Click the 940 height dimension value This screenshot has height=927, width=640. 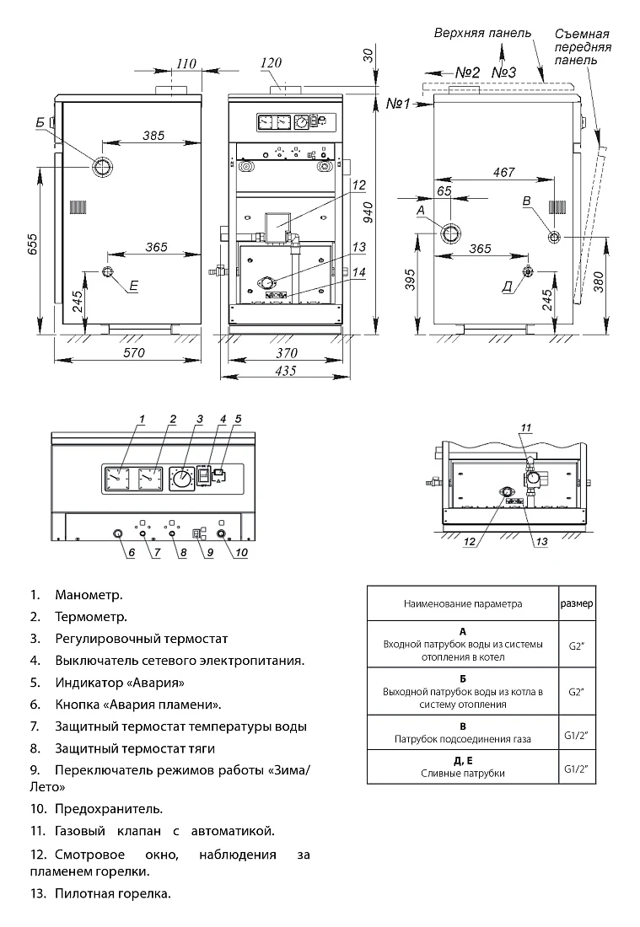(x=368, y=211)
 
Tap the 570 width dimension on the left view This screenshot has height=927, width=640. (x=134, y=352)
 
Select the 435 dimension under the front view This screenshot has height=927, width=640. (x=286, y=371)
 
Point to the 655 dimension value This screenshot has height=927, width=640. (x=32, y=244)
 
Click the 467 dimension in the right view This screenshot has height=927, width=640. (x=504, y=172)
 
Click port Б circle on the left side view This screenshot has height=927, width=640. (x=102, y=168)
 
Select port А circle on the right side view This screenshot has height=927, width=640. (x=450, y=233)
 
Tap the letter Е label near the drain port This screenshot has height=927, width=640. (x=134, y=287)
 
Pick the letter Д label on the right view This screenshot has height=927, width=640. (x=507, y=287)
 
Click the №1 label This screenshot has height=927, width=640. (x=397, y=104)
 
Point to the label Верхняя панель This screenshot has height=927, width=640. (x=482, y=33)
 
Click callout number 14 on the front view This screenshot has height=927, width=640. (x=359, y=272)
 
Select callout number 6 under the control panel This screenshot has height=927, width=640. (x=132, y=553)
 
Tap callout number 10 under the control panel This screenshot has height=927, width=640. (x=241, y=553)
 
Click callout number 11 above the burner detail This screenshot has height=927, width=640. (x=526, y=427)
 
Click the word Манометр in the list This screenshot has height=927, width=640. (x=89, y=595)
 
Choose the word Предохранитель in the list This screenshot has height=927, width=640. (x=109, y=808)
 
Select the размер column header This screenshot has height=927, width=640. (x=577, y=603)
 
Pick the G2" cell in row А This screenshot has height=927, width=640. (x=577, y=645)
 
